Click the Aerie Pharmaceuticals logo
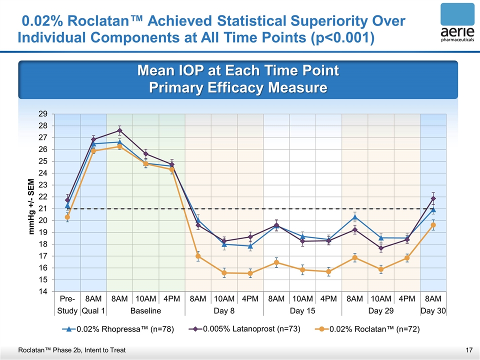(x=457, y=24)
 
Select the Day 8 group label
(x=224, y=311)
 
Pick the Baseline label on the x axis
(x=145, y=311)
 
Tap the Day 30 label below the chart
(x=433, y=311)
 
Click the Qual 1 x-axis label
(x=93, y=311)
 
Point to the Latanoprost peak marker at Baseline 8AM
(x=119, y=130)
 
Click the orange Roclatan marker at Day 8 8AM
(x=198, y=256)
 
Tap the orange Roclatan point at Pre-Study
(x=67, y=217)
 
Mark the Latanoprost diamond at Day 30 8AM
(x=433, y=198)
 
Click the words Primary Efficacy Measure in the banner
(x=238, y=88)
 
